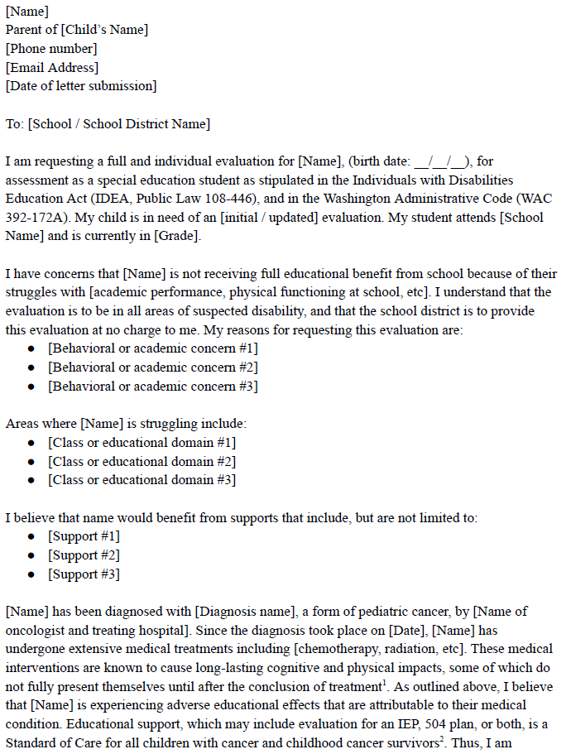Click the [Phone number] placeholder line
tap(51, 49)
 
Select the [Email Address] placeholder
tap(52, 68)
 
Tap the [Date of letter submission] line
tap(81, 86)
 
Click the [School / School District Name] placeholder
tap(119, 124)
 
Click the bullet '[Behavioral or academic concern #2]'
tap(152, 367)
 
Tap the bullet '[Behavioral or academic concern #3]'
tap(152, 387)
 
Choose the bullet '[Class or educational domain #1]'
tap(142, 443)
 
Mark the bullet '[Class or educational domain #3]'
tap(142, 480)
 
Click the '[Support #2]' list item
tap(84, 555)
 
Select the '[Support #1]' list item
tap(84, 536)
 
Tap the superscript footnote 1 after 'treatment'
tap(386, 683)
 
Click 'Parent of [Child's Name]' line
tap(77, 30)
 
